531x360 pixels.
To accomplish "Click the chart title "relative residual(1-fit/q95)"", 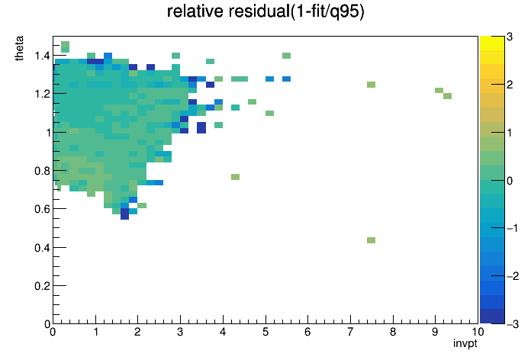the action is tap(265, 11).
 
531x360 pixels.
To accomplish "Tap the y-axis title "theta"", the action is tap(19, 48).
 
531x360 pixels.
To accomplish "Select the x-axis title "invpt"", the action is tap(465, 343).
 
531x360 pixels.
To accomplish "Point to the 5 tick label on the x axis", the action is tap(265, 332).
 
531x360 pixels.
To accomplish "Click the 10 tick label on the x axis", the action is tap(478, 332).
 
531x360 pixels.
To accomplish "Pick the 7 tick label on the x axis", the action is tap(350, 332).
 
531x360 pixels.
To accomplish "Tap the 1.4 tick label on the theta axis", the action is tap(43, 56).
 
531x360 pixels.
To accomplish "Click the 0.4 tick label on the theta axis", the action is tap(43, 248).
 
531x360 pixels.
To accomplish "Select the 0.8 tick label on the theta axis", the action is tap(43, 171).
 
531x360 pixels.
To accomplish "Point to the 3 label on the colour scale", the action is tap(510, 37).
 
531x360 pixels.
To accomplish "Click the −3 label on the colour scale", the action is tap(513, 324).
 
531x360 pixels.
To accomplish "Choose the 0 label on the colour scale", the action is tap(510, 181).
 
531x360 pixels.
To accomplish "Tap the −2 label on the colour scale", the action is tap(513, 276).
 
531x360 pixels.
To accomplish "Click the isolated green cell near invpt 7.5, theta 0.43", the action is tap(371, 240).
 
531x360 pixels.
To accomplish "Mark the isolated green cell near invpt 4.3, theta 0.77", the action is tap(235, 177).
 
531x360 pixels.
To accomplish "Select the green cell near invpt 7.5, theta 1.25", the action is tap(371, 85).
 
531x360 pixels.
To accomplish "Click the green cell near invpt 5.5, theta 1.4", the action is tap(286, 56).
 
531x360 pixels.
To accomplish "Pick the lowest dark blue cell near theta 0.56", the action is tap(124, 214).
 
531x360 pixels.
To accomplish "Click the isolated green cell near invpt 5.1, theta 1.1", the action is tap(269, 113).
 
